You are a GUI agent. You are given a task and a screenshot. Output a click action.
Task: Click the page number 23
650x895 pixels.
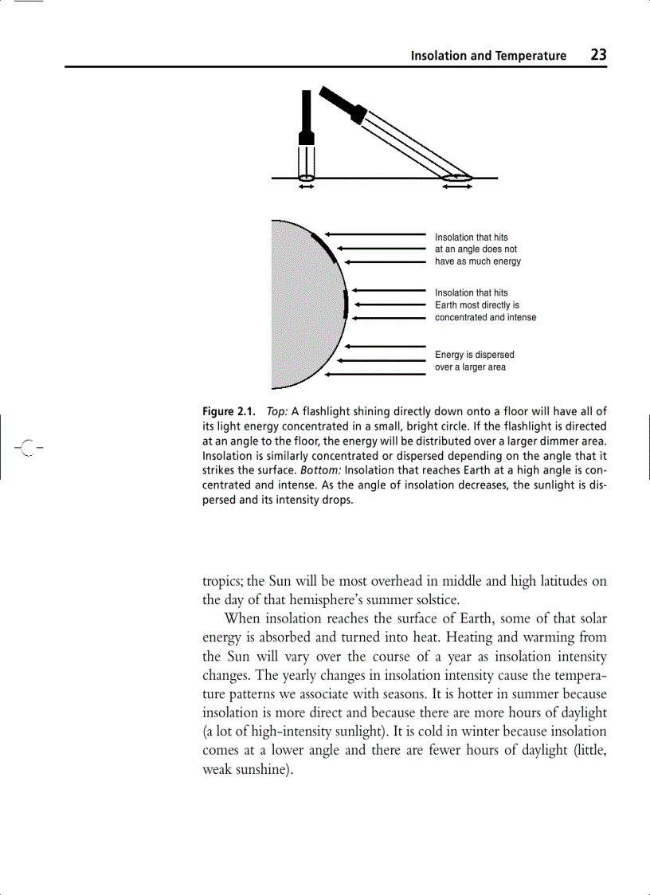pos(598,55)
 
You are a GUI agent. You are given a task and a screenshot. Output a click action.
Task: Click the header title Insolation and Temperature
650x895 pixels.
pos(488,56)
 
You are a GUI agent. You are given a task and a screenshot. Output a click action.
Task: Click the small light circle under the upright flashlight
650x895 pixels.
pos(307,177)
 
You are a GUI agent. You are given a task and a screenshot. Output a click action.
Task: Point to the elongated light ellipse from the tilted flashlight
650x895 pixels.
pos(457,177)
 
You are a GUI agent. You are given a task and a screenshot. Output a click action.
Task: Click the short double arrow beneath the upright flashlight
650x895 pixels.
pos(307,188)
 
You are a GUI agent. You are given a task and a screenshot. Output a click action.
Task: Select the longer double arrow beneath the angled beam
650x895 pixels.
pos(457,188)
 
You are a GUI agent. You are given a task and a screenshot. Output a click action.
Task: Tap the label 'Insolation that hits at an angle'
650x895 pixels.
pos(477,249)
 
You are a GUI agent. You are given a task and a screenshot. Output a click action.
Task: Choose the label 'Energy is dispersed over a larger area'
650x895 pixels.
pos(474,361)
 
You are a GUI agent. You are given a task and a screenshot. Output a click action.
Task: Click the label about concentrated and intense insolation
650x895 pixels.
pos(485,305)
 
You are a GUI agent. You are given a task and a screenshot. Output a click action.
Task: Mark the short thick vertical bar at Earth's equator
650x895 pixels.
pos(346,304)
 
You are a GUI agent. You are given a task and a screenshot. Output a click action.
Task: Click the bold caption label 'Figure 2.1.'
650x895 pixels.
pos(229,412)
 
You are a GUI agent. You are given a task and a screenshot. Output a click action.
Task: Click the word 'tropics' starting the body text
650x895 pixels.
pos(223,581)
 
